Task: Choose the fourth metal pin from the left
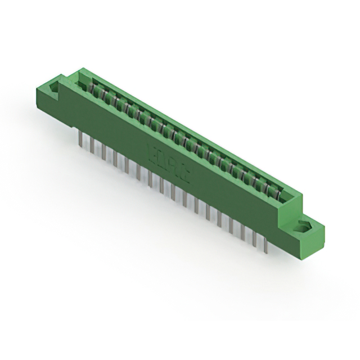tap(115, 157)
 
